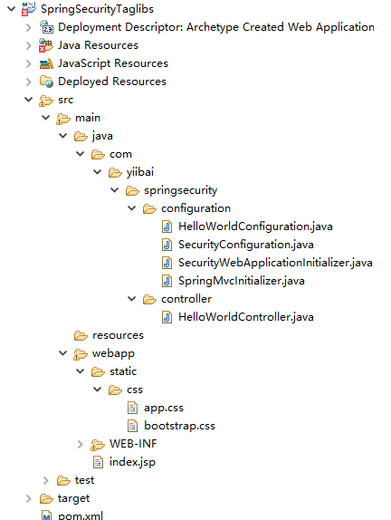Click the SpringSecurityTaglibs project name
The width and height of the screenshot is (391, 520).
click(97, 9)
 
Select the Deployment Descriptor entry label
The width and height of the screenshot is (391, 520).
click(216, 27)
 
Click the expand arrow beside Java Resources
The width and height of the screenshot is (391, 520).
click(29, 45)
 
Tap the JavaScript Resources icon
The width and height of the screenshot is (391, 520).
click(46, 63)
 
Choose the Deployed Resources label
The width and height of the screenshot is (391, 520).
click(112, 82)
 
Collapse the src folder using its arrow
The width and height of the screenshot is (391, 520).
click(29, 99)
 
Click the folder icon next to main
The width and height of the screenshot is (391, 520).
click(63, 118)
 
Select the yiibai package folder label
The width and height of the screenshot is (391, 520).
click(140, 172)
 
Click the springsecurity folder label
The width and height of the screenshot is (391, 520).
click(181, 190)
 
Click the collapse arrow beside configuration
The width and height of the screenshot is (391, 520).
click(132, 208)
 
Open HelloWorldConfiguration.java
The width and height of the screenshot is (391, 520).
click(255, 226)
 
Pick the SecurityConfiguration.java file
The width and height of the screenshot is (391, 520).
click(246, 245)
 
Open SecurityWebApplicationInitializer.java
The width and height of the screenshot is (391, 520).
click(275, 263)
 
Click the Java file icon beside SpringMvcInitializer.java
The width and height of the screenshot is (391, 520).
click(167, 281)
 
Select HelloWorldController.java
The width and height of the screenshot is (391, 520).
click(246, 317)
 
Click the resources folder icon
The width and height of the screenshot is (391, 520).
click(81, 335)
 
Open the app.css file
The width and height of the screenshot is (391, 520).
click(164, 408)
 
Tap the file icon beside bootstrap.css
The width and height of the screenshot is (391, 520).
click(132, 426)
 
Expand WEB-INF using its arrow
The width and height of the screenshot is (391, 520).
click(81, 444)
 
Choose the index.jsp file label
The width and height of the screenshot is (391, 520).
click(132, 462)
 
